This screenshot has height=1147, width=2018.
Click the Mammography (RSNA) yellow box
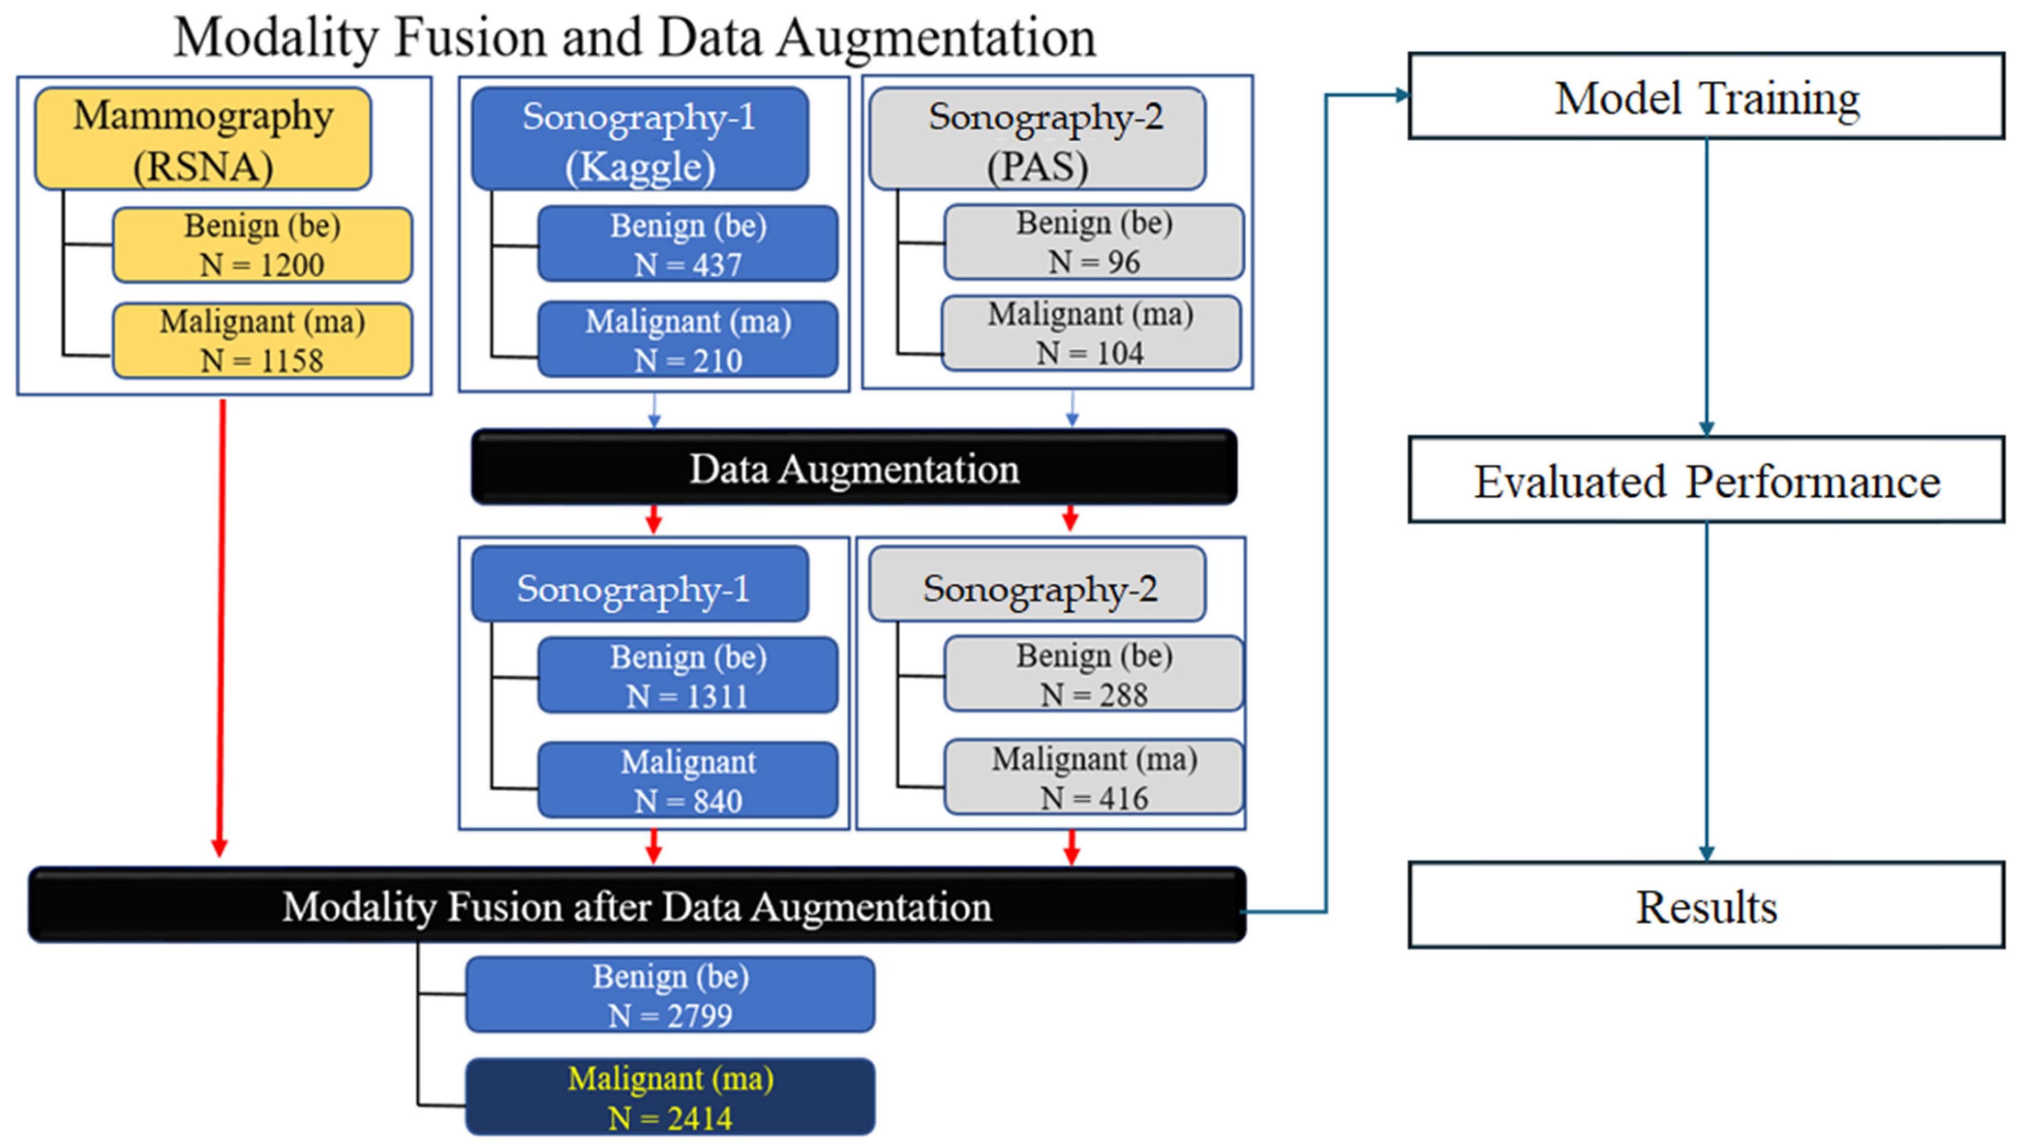[x=203, y=139]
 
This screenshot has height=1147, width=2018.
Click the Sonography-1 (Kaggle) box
[x=639, y=139]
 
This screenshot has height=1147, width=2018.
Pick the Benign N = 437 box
[x=688, y=244]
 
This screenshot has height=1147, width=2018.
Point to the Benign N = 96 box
[x=1093, y=242]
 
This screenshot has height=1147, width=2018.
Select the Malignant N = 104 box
[x=1091, y=333]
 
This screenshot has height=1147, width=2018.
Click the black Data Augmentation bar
[x=854, y=468]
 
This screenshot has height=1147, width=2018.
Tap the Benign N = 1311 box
[x=688, y=676]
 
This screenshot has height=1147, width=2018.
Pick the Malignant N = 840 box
[x=688, y=781]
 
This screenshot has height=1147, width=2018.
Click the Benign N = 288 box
[x=1093, y=674]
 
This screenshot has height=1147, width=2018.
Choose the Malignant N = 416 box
[x=1093, y=778]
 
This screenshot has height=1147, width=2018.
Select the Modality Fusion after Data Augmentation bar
[x=636, y=906]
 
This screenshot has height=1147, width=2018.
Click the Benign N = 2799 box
[x=670, y=995]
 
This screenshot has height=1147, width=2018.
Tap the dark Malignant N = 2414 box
[x=670, y=1098]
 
